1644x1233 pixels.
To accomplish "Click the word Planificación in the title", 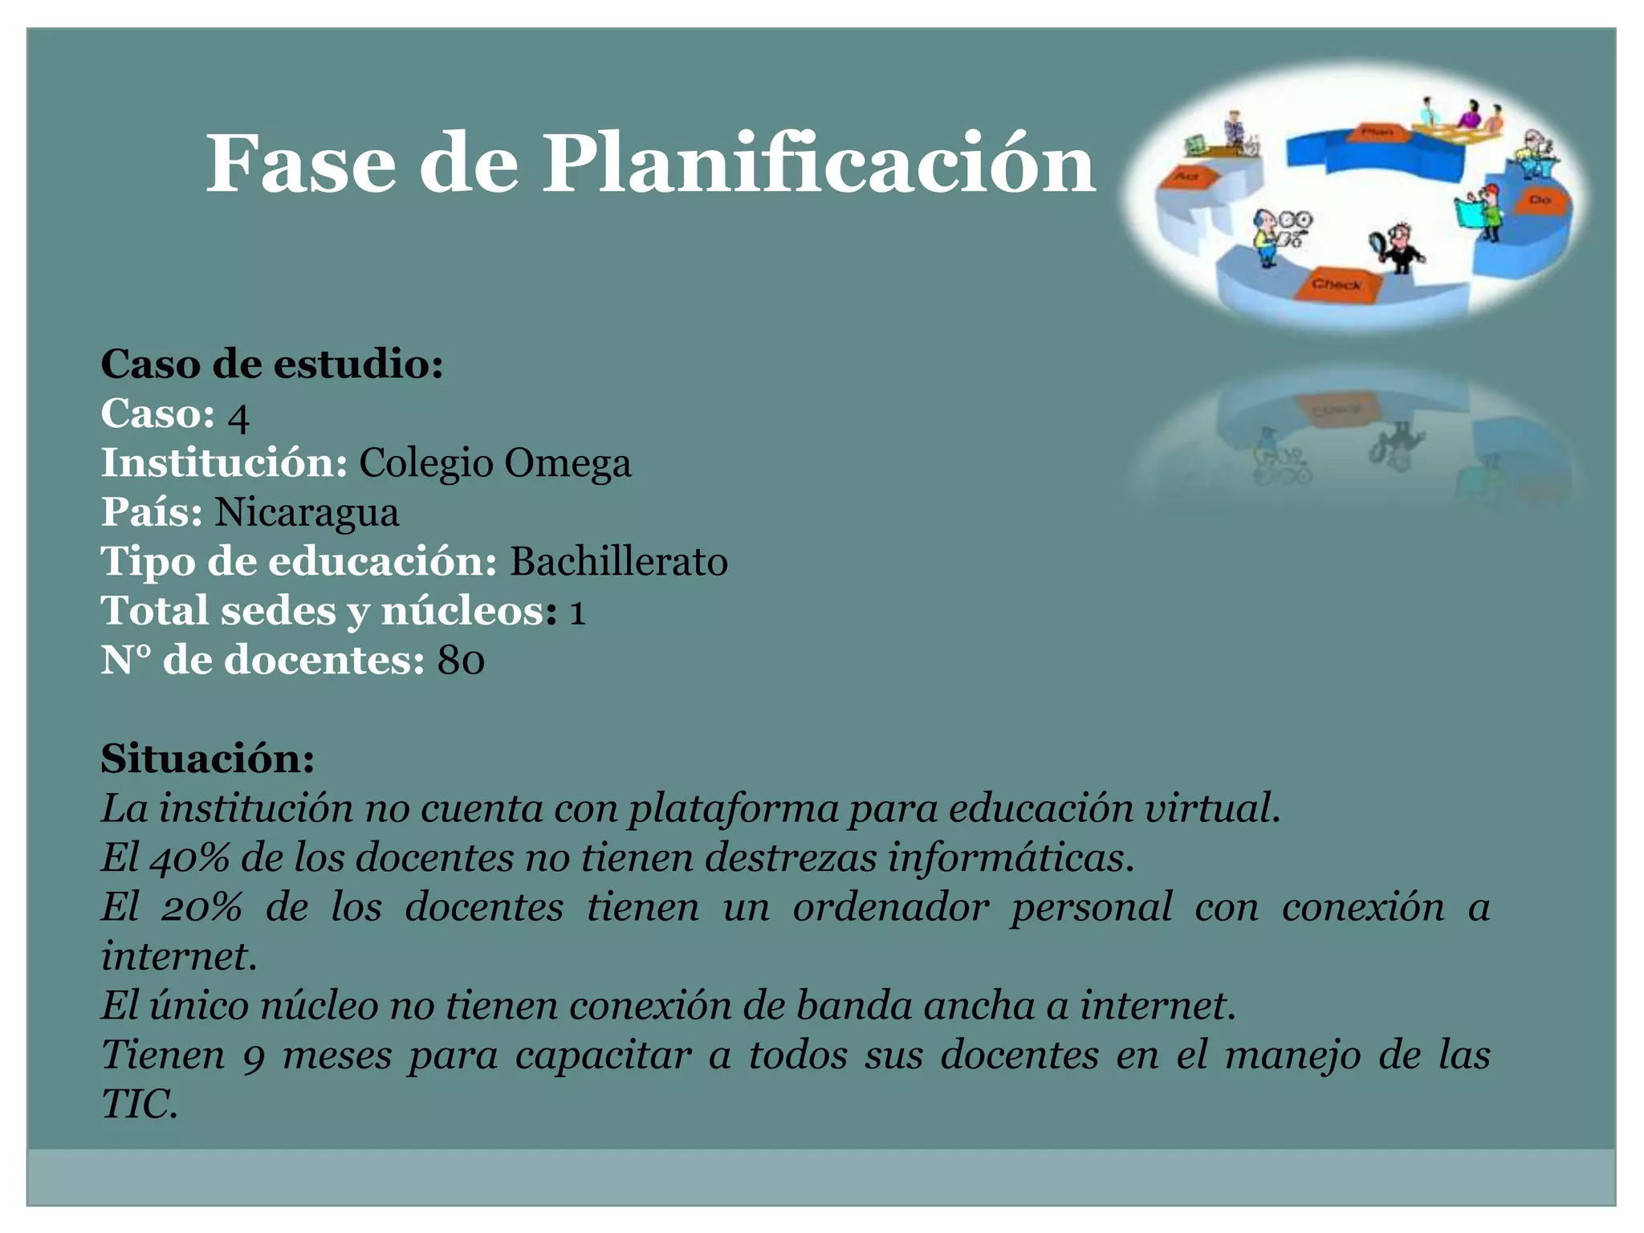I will tap(819, 164).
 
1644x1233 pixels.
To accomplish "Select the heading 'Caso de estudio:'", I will tap(272, 364).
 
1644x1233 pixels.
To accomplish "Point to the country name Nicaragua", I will tap(307, 513).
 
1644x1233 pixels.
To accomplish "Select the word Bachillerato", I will tap(619, 562).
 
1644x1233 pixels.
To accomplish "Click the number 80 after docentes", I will tap(461, 661).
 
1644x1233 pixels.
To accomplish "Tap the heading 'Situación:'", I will tap(208, 759).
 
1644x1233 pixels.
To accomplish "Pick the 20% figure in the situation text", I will tap(201, 908).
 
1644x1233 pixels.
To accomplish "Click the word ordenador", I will tap(891, 908).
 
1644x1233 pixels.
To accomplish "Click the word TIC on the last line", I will tap(138, 1105).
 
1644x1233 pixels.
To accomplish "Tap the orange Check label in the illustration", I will tap(1337, 284).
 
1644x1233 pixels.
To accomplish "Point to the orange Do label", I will tap(1539, 200).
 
